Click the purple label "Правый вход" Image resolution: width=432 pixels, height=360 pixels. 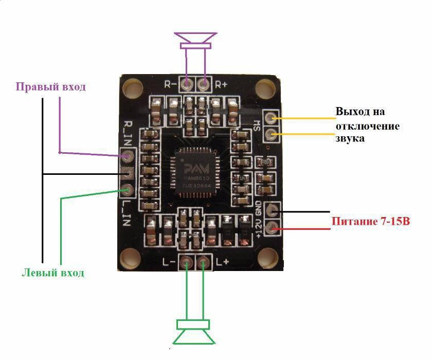[x=50, y=86]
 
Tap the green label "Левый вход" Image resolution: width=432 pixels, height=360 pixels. [x=53, y=273]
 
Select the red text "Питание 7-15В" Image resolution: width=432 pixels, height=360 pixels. [x=371, y=222]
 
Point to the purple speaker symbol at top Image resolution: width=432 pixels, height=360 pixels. [x=195, y=41]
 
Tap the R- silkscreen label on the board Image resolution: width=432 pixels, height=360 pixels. [x=171, y=84]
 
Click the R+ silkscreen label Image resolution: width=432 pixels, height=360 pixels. [x=222, y=84]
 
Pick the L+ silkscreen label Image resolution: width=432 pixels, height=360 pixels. [x=222, y=262]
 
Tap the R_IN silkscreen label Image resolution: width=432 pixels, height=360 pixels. [x=129, y=131]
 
